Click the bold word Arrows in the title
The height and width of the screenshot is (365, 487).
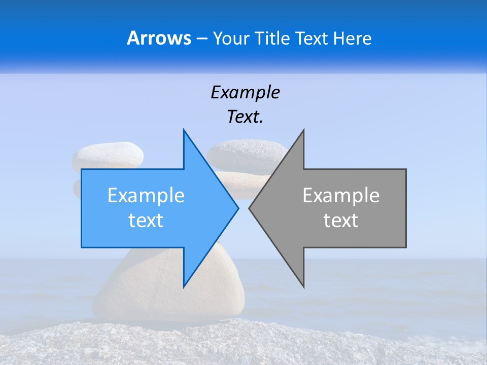159,38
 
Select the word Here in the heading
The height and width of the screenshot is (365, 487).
352,39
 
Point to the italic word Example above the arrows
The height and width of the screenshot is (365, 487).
245,93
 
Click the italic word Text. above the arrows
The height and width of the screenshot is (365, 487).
245,117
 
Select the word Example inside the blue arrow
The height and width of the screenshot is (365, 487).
146,196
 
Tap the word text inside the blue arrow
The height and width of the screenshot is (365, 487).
146,221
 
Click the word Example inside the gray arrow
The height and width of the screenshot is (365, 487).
341,196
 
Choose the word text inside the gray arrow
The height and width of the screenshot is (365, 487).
341,221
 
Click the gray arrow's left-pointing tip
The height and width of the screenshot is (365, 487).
250,208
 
